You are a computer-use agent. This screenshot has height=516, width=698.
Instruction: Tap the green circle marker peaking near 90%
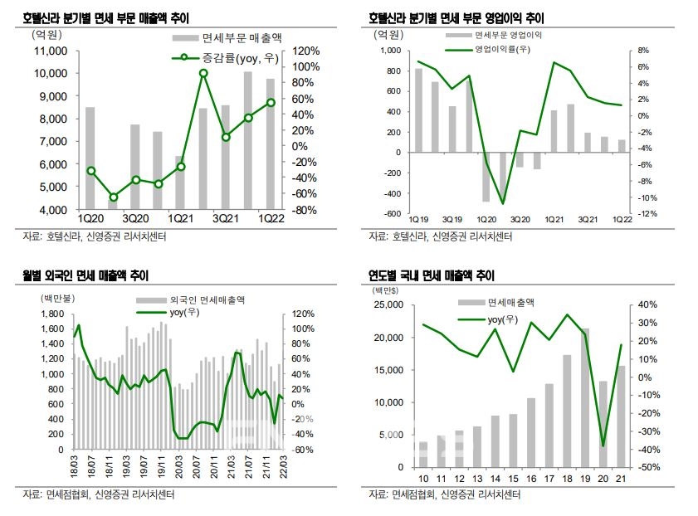click(x=203, y=73)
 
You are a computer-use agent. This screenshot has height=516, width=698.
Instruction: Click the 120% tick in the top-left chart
click(x=306, y=50)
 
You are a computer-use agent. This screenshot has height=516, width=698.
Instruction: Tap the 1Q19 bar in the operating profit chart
click(x=418, y=110)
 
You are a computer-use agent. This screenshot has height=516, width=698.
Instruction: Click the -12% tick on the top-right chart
click(x=647, y=213)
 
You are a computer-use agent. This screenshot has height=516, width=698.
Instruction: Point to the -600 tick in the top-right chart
click(x=388, y=213)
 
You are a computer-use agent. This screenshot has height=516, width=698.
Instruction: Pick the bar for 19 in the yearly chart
click(x=586, y=397)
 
